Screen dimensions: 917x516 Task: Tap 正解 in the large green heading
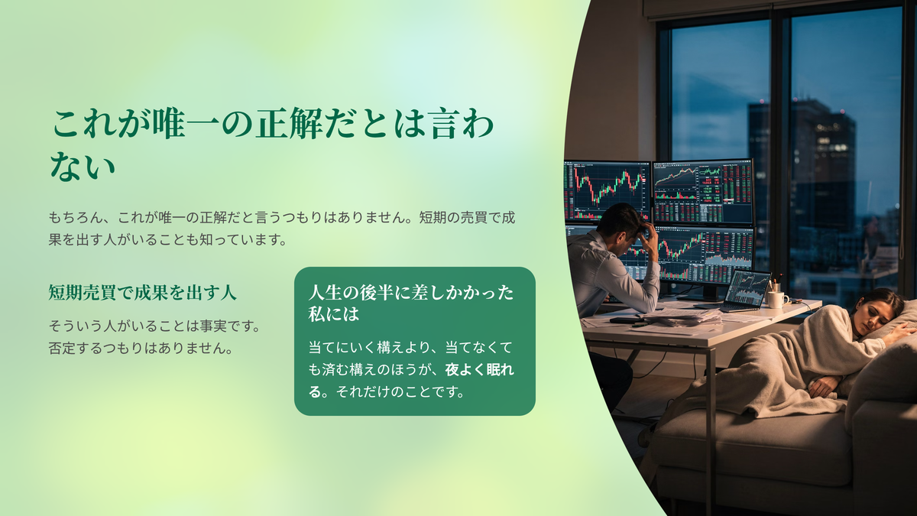[x=289, y=124]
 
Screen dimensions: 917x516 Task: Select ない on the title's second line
[x=83, y=167]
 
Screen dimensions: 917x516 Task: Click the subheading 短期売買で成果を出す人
[x=142, y=293]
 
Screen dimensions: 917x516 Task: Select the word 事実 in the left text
[x=213, y=326]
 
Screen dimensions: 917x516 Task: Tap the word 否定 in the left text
[x=62, y=348]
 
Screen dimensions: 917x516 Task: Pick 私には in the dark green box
[x=334, y=314]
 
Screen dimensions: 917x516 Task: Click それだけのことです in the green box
[x=400, y=392]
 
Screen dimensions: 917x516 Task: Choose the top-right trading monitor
[x=703, y=192]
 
